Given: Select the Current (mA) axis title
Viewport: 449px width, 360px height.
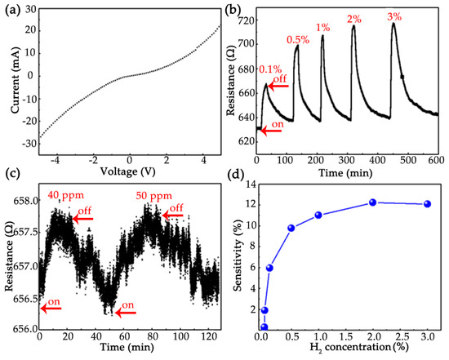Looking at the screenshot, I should click(x=7, y=82).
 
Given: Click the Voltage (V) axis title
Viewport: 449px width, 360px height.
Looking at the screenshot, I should click(x=128, y=172).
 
